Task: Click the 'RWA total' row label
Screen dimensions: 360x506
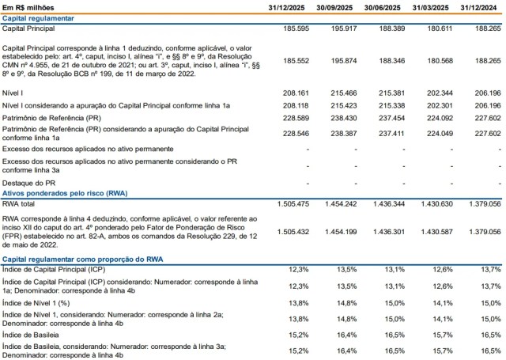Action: [x=22, y=204]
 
